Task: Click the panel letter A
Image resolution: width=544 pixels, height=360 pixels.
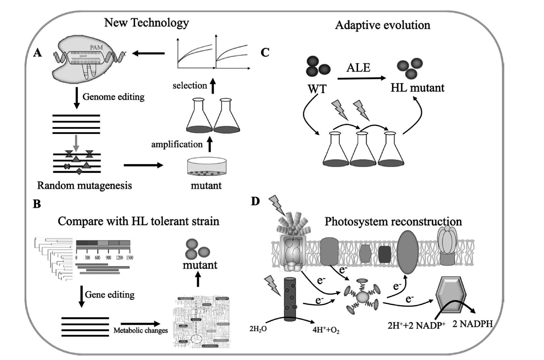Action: [x=37, y=53]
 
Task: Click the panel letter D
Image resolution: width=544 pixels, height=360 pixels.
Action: [x=255, y=201]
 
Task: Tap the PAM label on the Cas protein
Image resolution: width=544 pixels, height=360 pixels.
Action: [x=96, y=47]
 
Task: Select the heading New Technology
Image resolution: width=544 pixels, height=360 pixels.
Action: [x=146, y=23]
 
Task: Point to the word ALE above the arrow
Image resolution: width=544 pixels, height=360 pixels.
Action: [x=358, y=67]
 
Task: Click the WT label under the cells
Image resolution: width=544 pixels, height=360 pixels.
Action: [x=317, y=89]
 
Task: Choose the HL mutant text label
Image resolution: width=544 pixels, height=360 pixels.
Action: [x=417, y=88]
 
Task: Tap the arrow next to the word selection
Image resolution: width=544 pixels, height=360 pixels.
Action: [x=213, y=85]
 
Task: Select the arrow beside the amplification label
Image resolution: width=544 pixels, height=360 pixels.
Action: [x=209, y=144]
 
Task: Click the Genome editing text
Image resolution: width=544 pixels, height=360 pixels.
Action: [x=113, y=97]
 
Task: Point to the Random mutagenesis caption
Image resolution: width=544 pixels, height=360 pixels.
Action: [x=84, y=186]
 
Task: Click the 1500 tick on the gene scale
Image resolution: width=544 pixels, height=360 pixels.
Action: [x=129, y=258]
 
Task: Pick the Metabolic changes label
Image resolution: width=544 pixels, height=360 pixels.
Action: [x=140, y=330]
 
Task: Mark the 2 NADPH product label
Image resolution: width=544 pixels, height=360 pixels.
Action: [x=472, y=324]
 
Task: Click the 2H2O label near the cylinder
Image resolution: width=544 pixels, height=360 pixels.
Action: [x=258, y=328]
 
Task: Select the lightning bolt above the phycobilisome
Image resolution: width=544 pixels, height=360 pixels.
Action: [x=277, y=204]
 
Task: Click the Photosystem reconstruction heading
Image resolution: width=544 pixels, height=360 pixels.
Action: [x=393, y=222]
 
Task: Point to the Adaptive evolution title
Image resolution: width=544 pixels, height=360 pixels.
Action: [x=382, y=25]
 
